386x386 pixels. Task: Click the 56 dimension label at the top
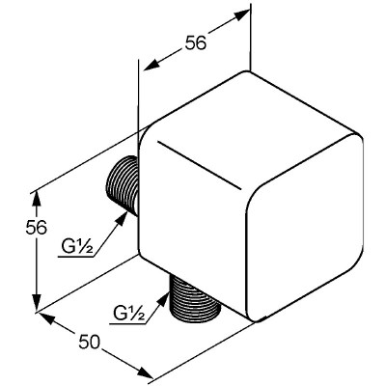[x=195, y=42]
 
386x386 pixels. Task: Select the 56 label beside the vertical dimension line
[x=36, y=228]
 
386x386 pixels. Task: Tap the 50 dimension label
[x=90, y=342]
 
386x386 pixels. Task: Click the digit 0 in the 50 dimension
[x=96, y=342]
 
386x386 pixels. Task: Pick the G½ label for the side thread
[x=77, y=247]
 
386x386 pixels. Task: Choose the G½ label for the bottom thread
[x=128, y=313]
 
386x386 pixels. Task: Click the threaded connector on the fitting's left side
[x=123, y=186]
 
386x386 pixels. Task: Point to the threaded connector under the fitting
[x=195, y=297]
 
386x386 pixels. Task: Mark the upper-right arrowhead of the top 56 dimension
[x=241, y=14]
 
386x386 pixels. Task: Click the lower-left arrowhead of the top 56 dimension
[x=152, y=65]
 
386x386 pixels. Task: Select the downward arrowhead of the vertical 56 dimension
[x=38, y=301]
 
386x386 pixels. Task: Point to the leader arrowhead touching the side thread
[x=122, y=219]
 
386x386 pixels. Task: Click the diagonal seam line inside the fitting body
[x=199, y=165]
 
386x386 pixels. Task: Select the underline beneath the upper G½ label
[x=76, y=257]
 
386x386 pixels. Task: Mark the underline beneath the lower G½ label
[x=127, y=323]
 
